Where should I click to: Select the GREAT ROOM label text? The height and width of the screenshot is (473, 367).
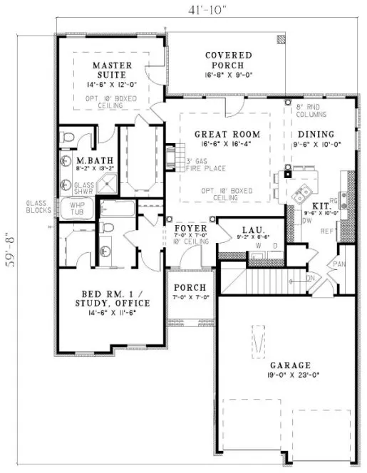click(227, 134)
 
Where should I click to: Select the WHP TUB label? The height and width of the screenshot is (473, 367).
click(76, 208)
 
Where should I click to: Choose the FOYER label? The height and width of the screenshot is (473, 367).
click(190, 229)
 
